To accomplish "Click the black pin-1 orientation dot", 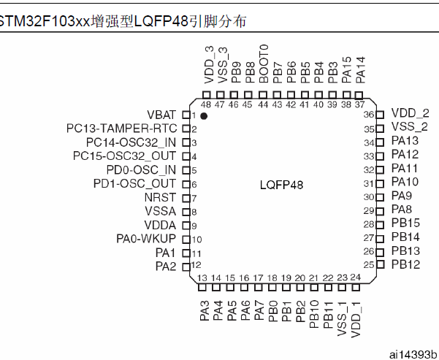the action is tap(204, 116).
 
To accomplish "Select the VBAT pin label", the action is tap(162, 115).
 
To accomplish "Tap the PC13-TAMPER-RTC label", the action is tap(122, 129).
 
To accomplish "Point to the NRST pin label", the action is tap(160, 197).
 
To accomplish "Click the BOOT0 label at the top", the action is tap(264, 64).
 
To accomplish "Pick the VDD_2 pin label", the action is tap(411, 113).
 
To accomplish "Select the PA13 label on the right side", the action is tap(405, 140).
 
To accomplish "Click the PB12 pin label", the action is tap(405, 264).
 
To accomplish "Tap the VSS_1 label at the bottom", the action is tap(342, 319).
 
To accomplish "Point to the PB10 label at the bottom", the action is tap(314, 314).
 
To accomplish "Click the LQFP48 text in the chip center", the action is tap(281, 185).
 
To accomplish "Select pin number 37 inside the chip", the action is tap(360, 104).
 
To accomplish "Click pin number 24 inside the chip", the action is tap(356, 277).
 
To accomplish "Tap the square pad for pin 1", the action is tap(186, 115).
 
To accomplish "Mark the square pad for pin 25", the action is tap(381, 264).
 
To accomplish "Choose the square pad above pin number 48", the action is tap(206, 95).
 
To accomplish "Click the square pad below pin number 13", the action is tap(202, 287).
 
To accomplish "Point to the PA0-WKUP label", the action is tap(146, 239).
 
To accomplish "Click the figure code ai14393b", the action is tap(413, 354).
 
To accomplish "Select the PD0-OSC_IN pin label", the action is tap(141, 170).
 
